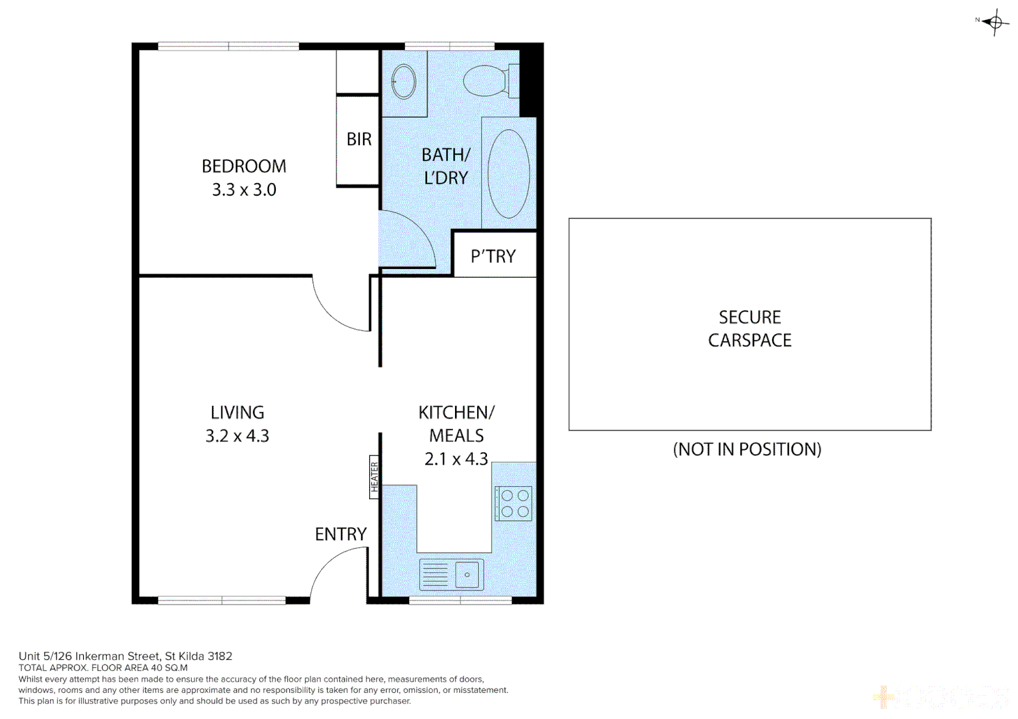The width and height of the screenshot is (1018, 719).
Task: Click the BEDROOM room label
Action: pos(244,166)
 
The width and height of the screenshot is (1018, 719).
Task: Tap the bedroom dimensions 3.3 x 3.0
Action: pos(244,190)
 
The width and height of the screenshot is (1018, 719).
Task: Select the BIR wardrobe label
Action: pos(358,139)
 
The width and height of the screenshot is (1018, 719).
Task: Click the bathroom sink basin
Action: pos(404,82)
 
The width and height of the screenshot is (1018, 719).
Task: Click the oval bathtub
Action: pos(508,173)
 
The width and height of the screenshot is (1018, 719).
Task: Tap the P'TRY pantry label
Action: pos(493,256)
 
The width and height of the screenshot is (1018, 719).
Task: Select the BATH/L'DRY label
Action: pos(446,166)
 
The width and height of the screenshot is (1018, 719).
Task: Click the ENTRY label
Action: pos(340,534)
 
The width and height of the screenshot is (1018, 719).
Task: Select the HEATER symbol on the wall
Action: pos(374,477)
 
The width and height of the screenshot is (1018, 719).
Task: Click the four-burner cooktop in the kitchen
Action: pos(514,503)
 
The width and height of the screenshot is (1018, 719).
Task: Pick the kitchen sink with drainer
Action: pos(451,575)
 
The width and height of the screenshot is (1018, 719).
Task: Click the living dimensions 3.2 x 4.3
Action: pos(237,436)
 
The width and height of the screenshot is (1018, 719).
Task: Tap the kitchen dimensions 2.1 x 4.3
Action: pos(456,459)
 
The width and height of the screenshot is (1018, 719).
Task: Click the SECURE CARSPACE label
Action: pos(750,328)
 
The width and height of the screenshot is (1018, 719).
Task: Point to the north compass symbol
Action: pos(995,22)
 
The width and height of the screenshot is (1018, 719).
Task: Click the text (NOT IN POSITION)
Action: pos(747,449)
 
